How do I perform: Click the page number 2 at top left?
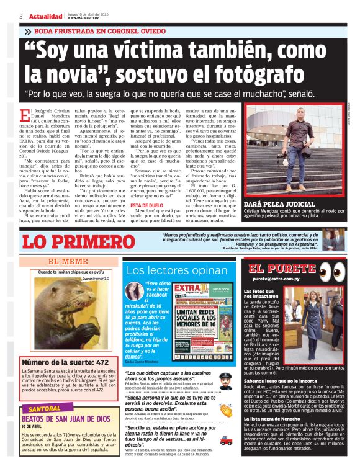coord(21,16)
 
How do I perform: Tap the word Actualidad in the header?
coord(46,16)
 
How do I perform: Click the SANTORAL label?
coord(45,409)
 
